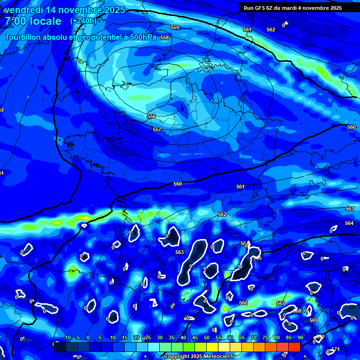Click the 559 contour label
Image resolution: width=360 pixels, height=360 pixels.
tap(174, 28)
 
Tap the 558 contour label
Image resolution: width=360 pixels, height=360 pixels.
tap(164, 37)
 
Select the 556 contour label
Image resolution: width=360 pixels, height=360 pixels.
tap(151, 116)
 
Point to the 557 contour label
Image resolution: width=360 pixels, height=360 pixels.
tap(157, 129)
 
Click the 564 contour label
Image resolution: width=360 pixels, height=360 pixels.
tap(349, 224)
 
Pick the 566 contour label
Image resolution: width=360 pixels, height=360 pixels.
tap(243, 303)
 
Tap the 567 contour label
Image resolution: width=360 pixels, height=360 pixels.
tap(280, 304)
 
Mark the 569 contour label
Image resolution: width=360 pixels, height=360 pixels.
tap(314, 321)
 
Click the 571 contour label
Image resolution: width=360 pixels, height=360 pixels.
tap(336, 350)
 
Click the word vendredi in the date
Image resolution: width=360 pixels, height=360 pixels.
tap(27, 10)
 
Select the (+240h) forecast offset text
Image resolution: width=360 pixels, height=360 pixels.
tap(83, 21)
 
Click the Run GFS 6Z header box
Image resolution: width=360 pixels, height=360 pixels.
tap(292, 8)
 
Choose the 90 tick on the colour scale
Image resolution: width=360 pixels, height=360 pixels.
tap(300, 338)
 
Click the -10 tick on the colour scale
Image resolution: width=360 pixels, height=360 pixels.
tap(67, 338)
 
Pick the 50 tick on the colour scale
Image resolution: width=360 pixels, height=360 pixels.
tap(207, 338)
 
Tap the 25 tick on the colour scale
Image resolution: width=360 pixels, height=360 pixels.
tap(148, 338)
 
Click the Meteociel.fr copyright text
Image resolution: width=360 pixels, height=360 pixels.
tap(199, 357)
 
